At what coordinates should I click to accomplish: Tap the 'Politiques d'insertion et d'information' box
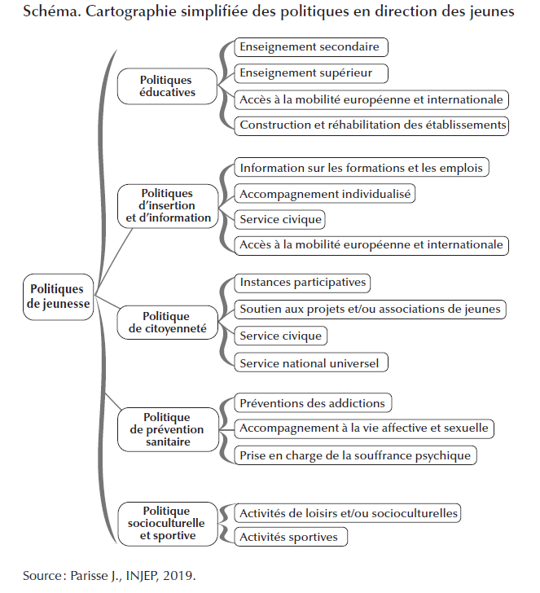click(x=169, y=206)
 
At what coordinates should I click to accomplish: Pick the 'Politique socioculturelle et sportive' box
click(x=166, y=523)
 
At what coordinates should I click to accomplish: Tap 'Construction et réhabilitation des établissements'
click(x=372, y=125)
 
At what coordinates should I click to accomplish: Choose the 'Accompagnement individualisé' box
click(x=325, y=194)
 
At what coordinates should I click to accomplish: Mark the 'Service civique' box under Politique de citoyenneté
click(x=280, y=336)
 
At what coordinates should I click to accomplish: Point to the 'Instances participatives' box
click(x=302, y=283)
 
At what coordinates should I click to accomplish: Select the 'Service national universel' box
click(x=310, y=363)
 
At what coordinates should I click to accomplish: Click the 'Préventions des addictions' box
click(x=312, y=402)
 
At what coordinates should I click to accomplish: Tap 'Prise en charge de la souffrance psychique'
click(x=355, y=455)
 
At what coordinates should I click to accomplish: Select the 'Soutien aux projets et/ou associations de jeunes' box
click(x=371, y=310)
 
